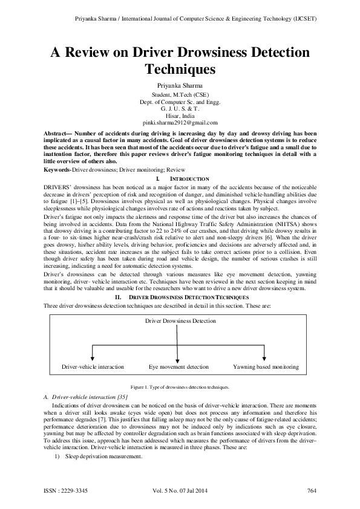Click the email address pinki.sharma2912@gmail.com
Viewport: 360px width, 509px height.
180,123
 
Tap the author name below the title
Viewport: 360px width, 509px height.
180,86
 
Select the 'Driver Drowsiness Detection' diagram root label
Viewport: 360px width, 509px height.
180,321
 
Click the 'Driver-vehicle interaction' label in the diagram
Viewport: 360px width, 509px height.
93,367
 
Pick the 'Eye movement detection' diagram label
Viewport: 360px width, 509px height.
178,367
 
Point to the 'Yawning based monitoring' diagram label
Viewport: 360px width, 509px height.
266,367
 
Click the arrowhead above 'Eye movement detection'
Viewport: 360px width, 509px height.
178,359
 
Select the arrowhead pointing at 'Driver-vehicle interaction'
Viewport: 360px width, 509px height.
92,359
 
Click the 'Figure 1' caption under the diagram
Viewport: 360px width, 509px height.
180,386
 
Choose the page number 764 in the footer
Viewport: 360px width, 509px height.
312,490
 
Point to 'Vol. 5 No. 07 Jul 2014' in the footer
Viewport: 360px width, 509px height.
180,490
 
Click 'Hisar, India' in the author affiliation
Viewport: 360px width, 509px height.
180,115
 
